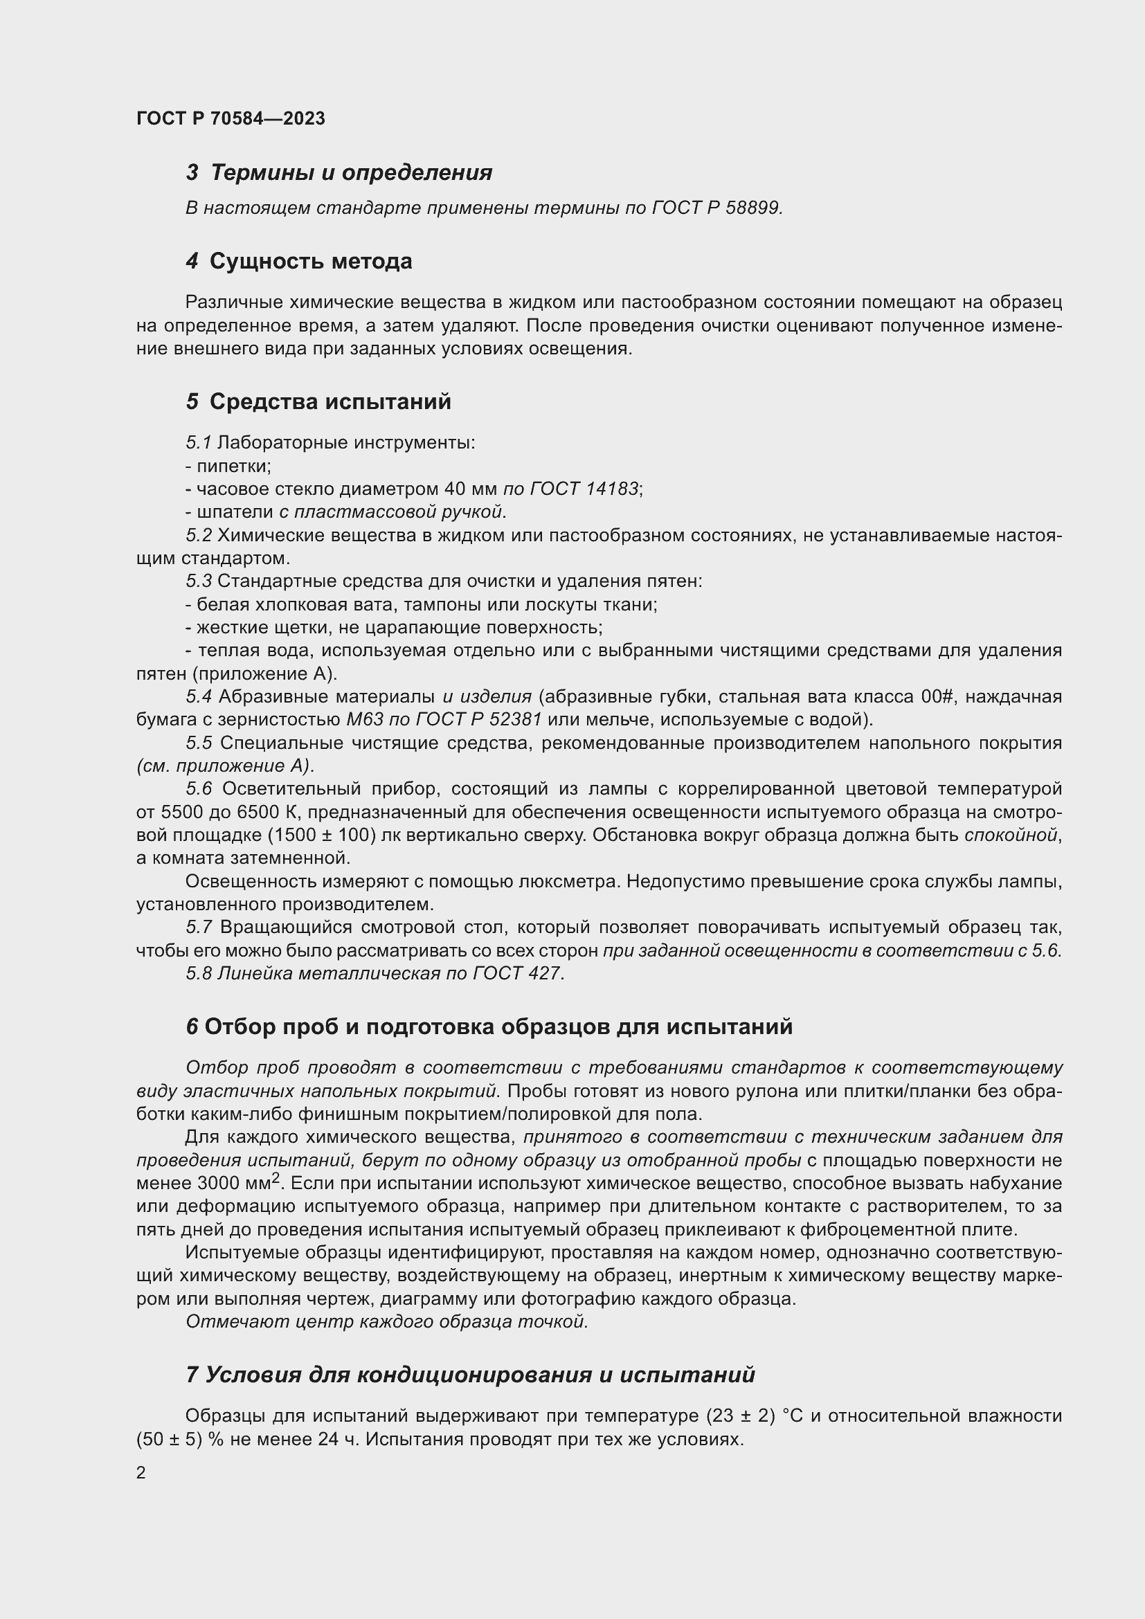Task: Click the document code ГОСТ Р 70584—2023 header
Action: pyautogui.click(x=231, y=118)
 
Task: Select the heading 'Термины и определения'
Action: pyautogui.click(x=351, y=173)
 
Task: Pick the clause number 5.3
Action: pyautogui.click(x=199, y=581)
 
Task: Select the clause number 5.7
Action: pyautogui.click(x=199, y=928)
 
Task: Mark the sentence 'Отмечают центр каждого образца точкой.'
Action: pyautogui.click(x=386, y=1322)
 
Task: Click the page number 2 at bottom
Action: pyautogui.click(x=141, y=1473)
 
